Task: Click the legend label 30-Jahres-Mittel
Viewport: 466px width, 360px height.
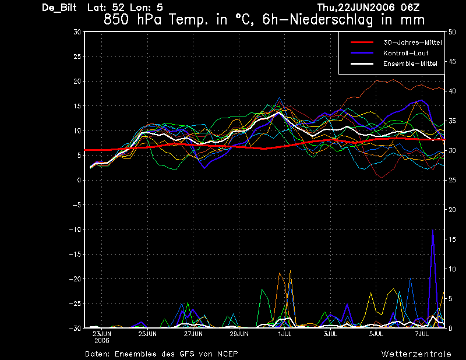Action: (x=412, y=43)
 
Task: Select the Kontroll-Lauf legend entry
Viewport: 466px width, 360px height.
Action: (x=405, y=53)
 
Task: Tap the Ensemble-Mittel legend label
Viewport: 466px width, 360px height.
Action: (x=410, y=63)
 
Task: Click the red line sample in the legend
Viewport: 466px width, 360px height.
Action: (x=362, y=43)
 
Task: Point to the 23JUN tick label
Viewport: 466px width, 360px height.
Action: (x=101, y=334)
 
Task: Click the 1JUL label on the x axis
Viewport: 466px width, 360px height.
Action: (x=285, y=334)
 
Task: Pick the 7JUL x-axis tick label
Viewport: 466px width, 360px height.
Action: (x=422, y=334)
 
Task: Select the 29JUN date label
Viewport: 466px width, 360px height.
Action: (x=239, y=334)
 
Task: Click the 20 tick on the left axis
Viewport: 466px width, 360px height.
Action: (x=77, y=81)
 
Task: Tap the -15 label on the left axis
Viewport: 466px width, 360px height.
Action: (x=75, y=254)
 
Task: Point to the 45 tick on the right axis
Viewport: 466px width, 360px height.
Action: (x=452, y=62)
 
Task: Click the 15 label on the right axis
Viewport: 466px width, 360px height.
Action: (x=452, y=239)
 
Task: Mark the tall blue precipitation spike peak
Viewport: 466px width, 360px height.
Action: (x=433, y=230)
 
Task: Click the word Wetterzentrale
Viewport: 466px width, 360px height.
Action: (x=416, y=354)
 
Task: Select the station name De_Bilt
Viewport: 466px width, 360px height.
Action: (x=59, y=8)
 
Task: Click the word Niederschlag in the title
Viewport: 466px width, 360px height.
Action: (x=331, y=20)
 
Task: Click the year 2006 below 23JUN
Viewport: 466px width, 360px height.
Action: (x=101, y=341)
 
